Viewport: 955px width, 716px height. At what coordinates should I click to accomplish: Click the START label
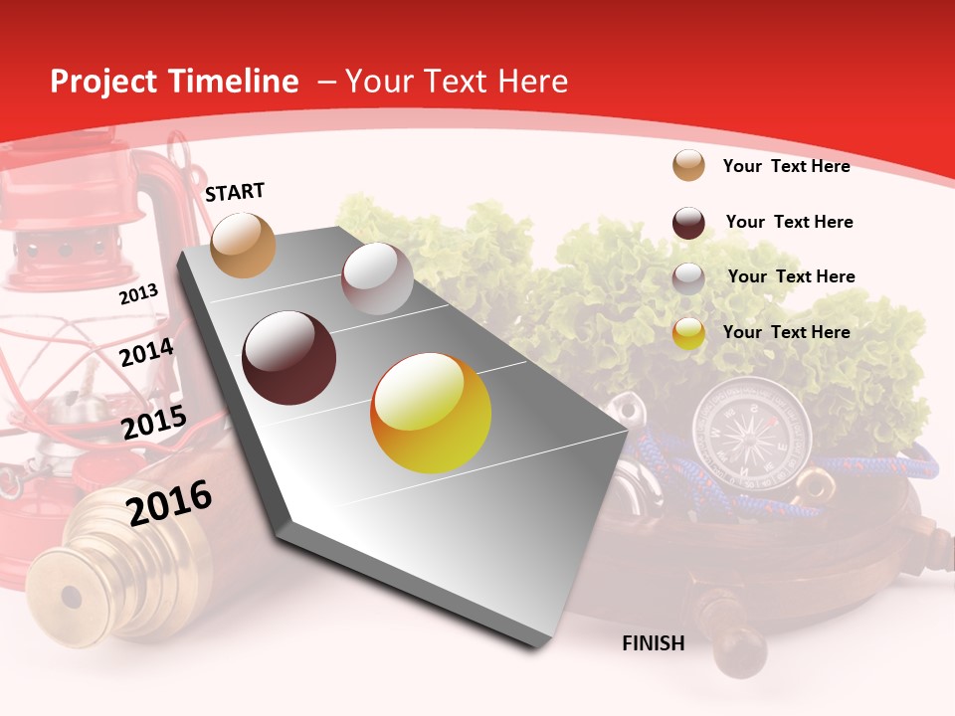click(235, 192)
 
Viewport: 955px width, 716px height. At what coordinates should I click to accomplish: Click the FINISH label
click(654, 643)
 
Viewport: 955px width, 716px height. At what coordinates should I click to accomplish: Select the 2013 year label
click(139, 294)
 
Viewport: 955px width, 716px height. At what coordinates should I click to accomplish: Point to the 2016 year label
click(169, 502)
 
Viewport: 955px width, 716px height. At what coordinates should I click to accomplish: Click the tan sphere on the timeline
click(244, 245)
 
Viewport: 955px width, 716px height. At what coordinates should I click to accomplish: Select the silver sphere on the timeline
click(377, 278)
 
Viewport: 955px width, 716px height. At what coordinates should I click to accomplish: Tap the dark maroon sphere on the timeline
click(289, 358)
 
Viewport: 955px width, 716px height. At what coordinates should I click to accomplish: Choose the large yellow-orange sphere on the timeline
click(431, 413)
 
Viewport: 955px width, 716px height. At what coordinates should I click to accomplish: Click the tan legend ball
click(688, 165)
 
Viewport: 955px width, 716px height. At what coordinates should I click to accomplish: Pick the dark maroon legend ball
click(688, 223)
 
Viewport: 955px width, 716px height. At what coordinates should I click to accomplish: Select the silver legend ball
click(688, 278)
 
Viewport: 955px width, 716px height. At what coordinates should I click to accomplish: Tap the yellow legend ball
click(688, 333)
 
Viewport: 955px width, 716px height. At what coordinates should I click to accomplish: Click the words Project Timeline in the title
click(174, 82)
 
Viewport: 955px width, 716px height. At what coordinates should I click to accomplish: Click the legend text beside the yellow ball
click(786, 332)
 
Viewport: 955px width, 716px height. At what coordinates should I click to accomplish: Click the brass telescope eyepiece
click(70, 597)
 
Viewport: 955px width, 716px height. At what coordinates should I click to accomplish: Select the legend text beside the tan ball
click(786, 166)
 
